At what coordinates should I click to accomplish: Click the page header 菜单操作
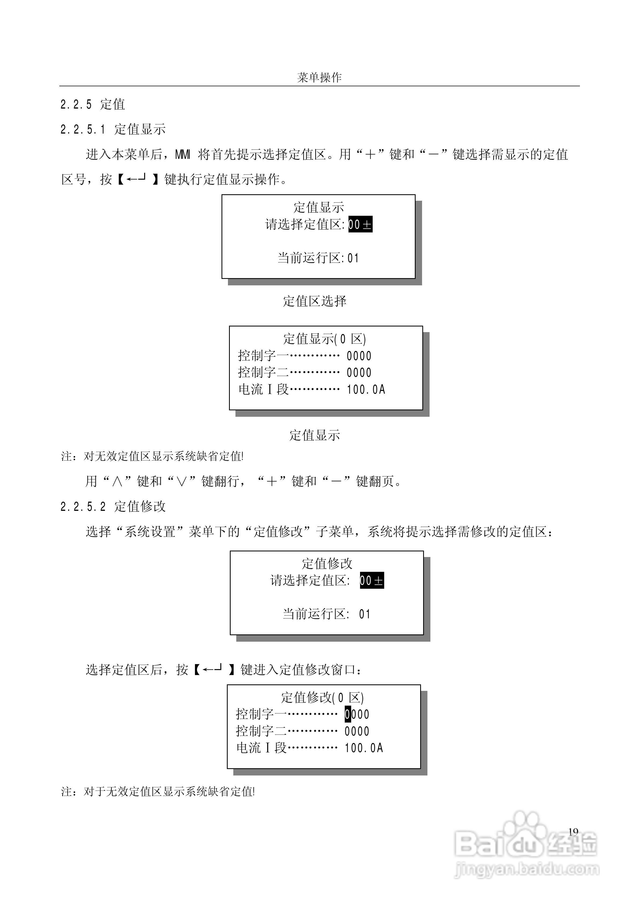[x=319, y=78]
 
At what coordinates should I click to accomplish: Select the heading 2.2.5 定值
[x=93, y=105]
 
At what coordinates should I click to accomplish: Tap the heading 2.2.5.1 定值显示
[x=113, y=129]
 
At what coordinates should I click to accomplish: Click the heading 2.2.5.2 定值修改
[x=113, y=507]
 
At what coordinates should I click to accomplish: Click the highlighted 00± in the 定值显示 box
[x=360, y=225]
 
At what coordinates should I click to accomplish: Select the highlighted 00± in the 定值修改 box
[x=372, y=581]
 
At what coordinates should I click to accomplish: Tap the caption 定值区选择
[x=314, y=301]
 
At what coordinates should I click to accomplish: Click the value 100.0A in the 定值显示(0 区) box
[x=366, y=389]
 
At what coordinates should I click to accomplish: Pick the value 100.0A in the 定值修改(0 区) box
[x=364, y=748]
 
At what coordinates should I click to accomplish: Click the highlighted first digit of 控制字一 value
[x=347, y=714]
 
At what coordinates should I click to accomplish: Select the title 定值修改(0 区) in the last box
[x=322, y=698]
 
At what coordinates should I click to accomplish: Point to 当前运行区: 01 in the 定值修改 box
[x=326, y=614]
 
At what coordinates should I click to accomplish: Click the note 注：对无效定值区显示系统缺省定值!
[x=153, y=457]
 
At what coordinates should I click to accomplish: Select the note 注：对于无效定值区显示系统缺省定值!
[x=158, y=792]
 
